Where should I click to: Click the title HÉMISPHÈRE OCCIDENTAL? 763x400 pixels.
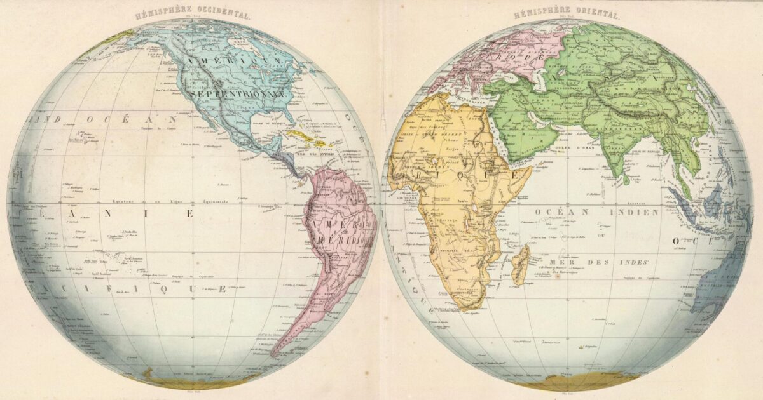tap(193, 15)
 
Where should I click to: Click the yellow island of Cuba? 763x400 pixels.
tap(303, 135)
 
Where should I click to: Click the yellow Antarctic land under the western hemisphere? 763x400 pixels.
tap(191, 382)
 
